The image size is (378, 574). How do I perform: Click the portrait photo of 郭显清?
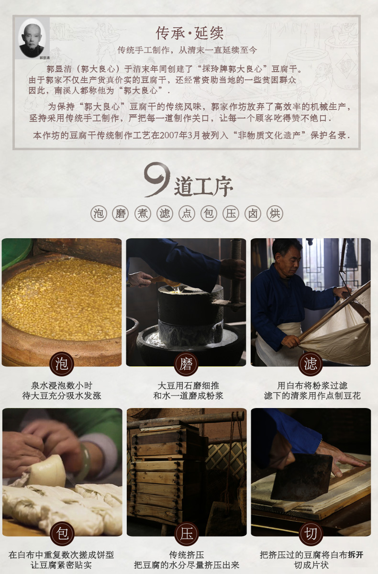[x=32, y=38]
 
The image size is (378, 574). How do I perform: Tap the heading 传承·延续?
[x=189, y=33]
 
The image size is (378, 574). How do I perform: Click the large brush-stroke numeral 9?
[x=157, y=180]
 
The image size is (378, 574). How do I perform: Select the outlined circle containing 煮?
[x=143, y=213]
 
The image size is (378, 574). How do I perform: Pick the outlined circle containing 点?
[x=187, y=213]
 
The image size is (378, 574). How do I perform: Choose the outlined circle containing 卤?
[x=253, y=213]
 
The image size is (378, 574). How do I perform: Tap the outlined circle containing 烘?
[x=275, y=213]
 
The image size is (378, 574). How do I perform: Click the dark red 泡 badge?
[x=62, y=364]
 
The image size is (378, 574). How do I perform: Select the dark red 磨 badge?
[x=186, y=364]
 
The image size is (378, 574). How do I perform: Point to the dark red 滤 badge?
[x=311, y=364]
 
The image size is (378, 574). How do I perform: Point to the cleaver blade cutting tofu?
[x=301, y=476]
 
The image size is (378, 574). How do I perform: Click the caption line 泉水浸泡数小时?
[x=62, y=386]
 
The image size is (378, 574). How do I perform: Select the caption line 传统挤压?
[x=187, y=555]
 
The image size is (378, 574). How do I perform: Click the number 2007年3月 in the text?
[x=180, y=135]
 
